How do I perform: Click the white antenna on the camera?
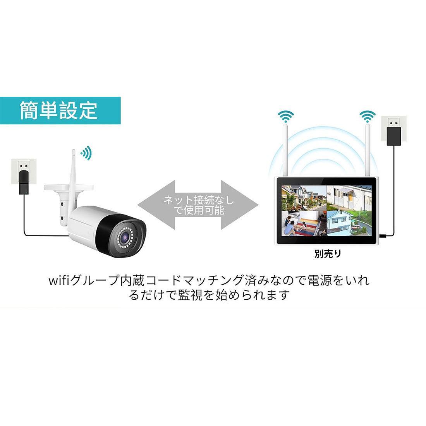(74, 179)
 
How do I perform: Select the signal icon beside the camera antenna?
(86, 153)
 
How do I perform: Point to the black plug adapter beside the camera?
(23, 182)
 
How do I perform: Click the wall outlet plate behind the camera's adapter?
(23, 172)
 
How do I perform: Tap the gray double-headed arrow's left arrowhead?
(155, 205)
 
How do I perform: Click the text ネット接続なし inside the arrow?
(198, 200)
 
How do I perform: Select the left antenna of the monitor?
(285, 150)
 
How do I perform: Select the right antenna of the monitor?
(368, 150)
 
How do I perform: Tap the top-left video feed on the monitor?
(304, 198)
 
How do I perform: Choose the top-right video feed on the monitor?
(349, 198)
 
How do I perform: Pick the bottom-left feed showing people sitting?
(304, 223)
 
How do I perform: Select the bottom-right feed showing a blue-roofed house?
(349, 223)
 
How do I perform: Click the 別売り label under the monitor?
(327, 254)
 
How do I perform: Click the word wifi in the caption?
(59, 280)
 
